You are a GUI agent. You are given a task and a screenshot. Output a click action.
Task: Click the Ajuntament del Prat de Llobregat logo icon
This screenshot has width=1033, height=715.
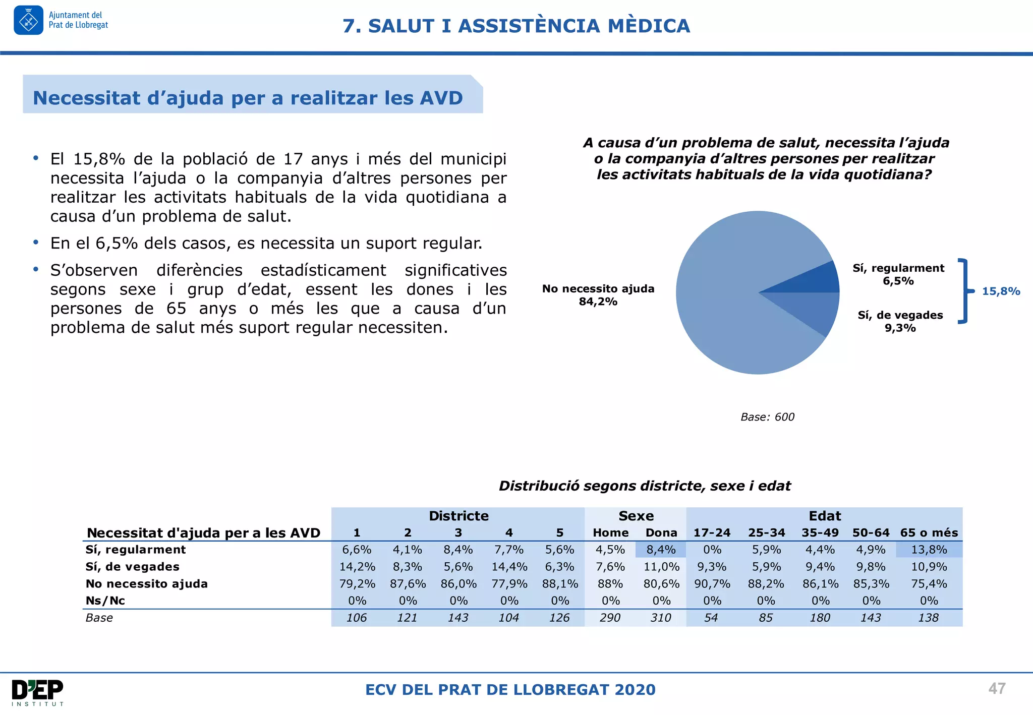28,20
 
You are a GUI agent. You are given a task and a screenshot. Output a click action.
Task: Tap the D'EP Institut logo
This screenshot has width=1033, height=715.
38,692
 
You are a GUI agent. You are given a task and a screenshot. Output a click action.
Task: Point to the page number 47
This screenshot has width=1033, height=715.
997,688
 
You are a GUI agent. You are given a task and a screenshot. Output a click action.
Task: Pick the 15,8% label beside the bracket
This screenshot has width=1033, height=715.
1001,291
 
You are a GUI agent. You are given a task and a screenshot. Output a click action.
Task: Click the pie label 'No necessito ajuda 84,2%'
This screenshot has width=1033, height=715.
598,295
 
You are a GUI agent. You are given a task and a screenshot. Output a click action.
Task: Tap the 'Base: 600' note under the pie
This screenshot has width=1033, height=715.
767,417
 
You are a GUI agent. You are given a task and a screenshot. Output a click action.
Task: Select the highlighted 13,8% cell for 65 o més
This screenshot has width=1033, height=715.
929,550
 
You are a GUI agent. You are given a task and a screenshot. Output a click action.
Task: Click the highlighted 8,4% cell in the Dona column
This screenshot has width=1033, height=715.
661,550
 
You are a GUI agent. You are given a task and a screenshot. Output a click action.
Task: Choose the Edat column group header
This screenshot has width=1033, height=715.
825,516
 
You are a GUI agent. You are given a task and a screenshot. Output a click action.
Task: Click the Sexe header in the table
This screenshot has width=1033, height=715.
636,516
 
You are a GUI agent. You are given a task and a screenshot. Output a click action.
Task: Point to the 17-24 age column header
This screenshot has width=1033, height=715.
712,533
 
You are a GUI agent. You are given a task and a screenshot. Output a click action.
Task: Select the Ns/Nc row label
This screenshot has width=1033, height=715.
105,601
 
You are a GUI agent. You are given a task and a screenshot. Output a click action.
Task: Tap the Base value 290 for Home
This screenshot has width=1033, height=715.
610,618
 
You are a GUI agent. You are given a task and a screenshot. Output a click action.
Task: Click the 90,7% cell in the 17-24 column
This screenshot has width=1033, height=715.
712,584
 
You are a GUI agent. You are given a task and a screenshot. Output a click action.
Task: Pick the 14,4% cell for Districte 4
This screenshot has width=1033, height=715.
509,567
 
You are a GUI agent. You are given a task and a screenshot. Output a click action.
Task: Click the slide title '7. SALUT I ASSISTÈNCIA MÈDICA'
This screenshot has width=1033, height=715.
516,26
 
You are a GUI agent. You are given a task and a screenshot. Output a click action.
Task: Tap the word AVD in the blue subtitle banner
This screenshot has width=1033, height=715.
439,98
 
